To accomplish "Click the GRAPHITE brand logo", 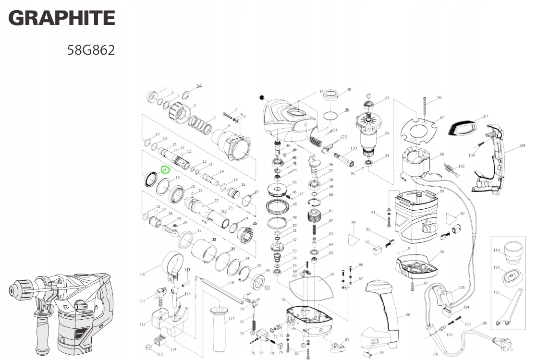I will pos(61,18).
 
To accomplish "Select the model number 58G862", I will pos(91,50).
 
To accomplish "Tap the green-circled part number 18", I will pos(165,169).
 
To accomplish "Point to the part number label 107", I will pos(485,116).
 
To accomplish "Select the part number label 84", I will pos(387,133).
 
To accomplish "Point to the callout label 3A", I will pos(199,86).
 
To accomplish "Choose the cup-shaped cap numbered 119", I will pos(513,251).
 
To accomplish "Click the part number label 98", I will pos(408,315).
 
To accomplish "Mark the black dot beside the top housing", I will pos(262,97).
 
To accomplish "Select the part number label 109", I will pos(522,145).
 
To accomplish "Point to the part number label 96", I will pos(441,252).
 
